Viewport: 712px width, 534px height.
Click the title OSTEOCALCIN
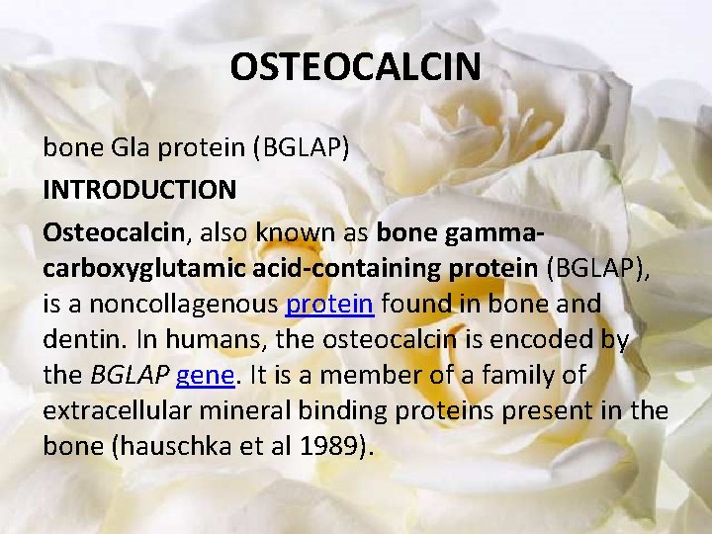coord(356,67)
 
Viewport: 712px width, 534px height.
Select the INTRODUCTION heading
coord(139,188)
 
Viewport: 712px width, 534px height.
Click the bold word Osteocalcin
coord(114,231)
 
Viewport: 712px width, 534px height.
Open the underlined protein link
coord(329,304)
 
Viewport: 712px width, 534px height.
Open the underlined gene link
coord(204,376)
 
